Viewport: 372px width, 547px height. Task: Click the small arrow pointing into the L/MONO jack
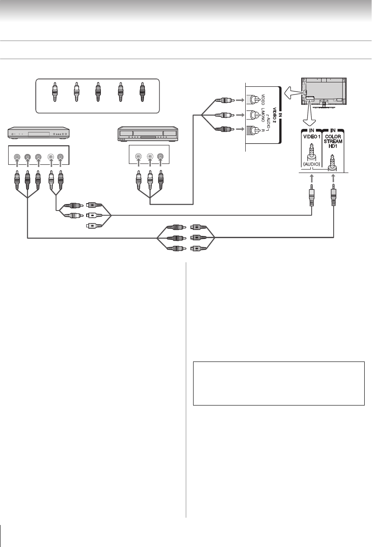pyautogui.click(x=238, y=116)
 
